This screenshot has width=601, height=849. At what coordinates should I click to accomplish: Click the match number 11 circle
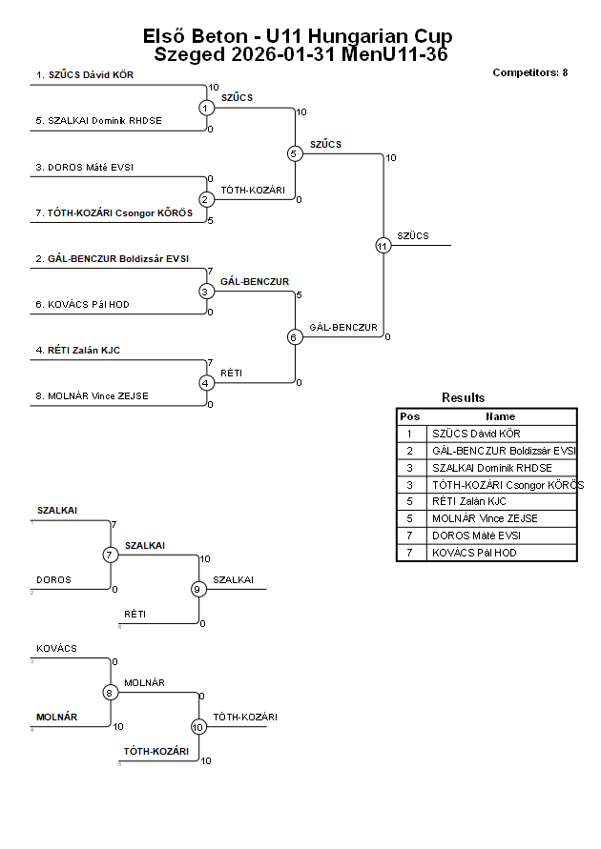tap(383, 245)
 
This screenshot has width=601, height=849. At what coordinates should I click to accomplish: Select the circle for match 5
tap(295, 153)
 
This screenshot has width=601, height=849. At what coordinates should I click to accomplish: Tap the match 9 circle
tap(198, 589)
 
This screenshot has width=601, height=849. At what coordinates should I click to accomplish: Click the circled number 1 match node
tap(206, 108)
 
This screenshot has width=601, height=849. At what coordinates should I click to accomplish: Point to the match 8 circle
tap(110, 693)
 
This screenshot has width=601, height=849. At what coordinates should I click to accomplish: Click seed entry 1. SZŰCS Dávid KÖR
tap(84, 73)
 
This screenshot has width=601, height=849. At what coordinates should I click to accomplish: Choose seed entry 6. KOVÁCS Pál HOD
tap(82, 305)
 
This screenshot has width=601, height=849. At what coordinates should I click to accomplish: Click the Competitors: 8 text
tap(529, 72)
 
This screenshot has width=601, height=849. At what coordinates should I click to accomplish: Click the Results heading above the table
tap(463, 397)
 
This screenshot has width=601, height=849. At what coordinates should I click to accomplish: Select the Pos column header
tap(410, 416)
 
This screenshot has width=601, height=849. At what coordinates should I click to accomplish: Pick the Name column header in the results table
tap(500, 416)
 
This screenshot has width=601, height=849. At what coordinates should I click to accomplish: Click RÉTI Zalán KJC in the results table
tap(468, 501)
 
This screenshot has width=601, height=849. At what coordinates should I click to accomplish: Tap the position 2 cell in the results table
tap(410, 451)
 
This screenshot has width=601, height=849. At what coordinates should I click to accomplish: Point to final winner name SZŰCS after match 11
tap(413, 235)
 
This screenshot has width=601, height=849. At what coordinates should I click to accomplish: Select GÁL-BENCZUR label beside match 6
tap(343, 327)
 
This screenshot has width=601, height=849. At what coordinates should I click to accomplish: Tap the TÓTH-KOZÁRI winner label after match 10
tap(244, 717)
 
